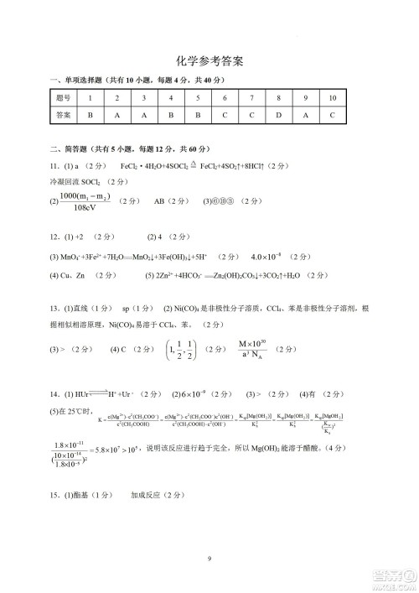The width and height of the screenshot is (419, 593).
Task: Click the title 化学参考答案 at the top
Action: pos(209,61)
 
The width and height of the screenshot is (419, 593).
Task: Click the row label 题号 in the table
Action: pos(63,98)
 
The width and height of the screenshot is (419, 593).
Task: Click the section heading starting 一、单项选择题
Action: pos(138,80)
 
